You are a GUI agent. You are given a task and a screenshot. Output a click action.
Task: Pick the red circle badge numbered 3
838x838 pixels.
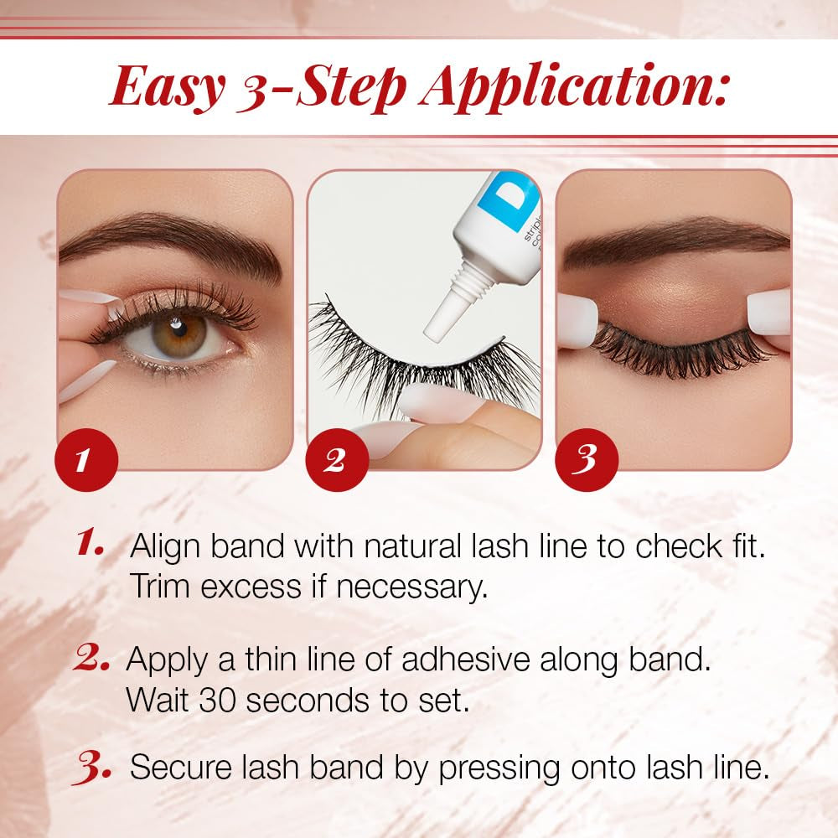click(587, 460)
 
